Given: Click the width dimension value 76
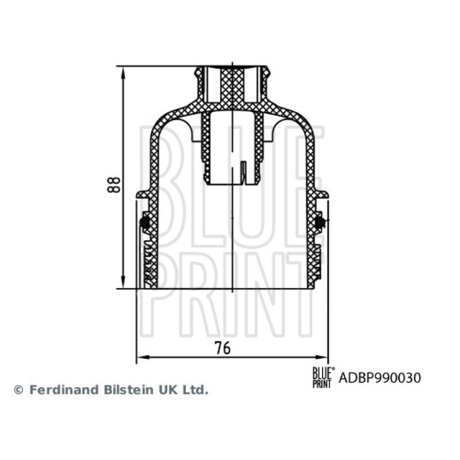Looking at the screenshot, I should pos(223,347).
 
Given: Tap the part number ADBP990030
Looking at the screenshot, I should pos(380,378).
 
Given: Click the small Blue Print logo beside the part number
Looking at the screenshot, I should pos(323,378).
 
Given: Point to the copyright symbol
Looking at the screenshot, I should pos(18,390).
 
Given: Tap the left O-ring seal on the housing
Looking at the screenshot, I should pos(146,222).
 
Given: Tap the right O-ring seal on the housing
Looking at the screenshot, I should pos(319,222).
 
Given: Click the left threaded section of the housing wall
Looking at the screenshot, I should pos(148,262).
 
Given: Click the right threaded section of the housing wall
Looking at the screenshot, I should pos(317,259).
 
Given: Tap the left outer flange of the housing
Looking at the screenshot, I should pos(142,195).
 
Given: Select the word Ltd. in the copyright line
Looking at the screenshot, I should pos(195,390).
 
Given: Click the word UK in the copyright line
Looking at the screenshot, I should pos(167,390).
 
